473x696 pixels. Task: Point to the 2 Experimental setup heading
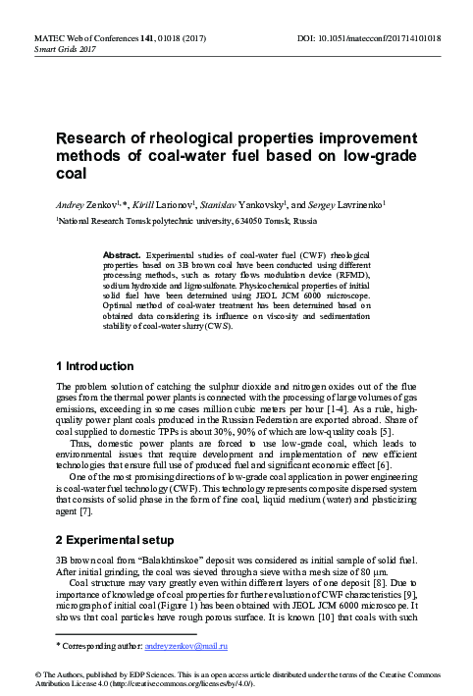point(125,540)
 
